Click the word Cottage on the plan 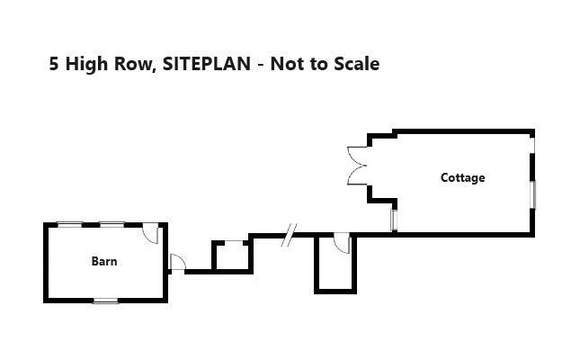pyautogui.click(x=462, y=178)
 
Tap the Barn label pyautogui.click(x=104, y=262)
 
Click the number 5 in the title pyautogui.click(x=55, y=64)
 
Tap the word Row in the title pyautogui.click(x=131, y=64)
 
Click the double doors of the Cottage pyautogui.click(x=357, y=166)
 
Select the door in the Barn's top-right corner pyautogui.click(x=152, y=233)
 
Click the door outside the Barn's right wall pyautogui.click(x=177, y=262)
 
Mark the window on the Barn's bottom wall pyautogui.click(x=105, y=301)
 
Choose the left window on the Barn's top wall pyautogui.click(x=69, y=223)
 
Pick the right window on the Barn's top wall pyautogui.click(x=112, y=223)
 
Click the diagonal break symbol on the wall pyautogui.click(x=288, y=236)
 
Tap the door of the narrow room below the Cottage pyautogui.click(x=342, y=243)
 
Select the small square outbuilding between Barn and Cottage pyautogui.click(x=231, y=256)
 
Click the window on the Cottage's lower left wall pyautogui.click(x=394, y=220)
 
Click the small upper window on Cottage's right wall pyautogui.click(x=532, y=141)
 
